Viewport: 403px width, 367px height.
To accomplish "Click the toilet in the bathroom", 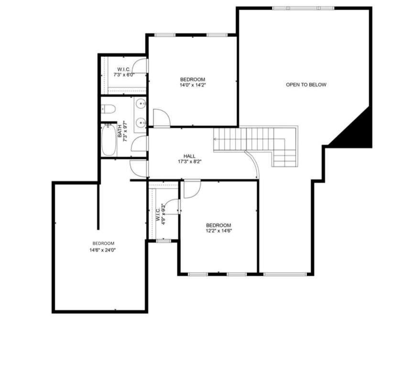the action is pyautogui.click(x=108, y=109).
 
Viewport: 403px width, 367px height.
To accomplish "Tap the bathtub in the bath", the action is pyautogui.click(x=109, y=140).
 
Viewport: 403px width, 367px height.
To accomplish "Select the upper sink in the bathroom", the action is pyautogui.click(x=141, y=104).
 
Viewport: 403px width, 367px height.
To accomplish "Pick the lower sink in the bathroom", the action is pyautogui.click(x=141, y=122).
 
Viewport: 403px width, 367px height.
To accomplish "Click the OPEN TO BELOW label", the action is pyautogui.click(x=306, y=85).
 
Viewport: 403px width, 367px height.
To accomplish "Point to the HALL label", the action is pyautogui.click(x=189, y=156).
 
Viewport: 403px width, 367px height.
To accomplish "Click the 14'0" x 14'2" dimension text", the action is pyautogui.click(x=193, y=85).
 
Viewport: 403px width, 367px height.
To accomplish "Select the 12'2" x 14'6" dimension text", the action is pyautogui.click(x=219, y=231).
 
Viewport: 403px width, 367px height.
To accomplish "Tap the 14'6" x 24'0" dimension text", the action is pyautogui.click(x=103, y=250).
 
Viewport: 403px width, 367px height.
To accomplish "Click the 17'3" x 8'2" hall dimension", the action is pyautogui.click(x=190, y=162).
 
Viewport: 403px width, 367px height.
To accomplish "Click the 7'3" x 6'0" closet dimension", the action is pyautogui.click(x=124, y=75).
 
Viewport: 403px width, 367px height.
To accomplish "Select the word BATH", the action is pyautogui.click(x=120, y=131).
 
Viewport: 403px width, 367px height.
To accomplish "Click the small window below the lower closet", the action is pyautogui.click(x=163, y=241).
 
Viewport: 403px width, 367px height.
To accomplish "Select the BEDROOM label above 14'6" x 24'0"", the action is pyautogui.click(x=103, y=243).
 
